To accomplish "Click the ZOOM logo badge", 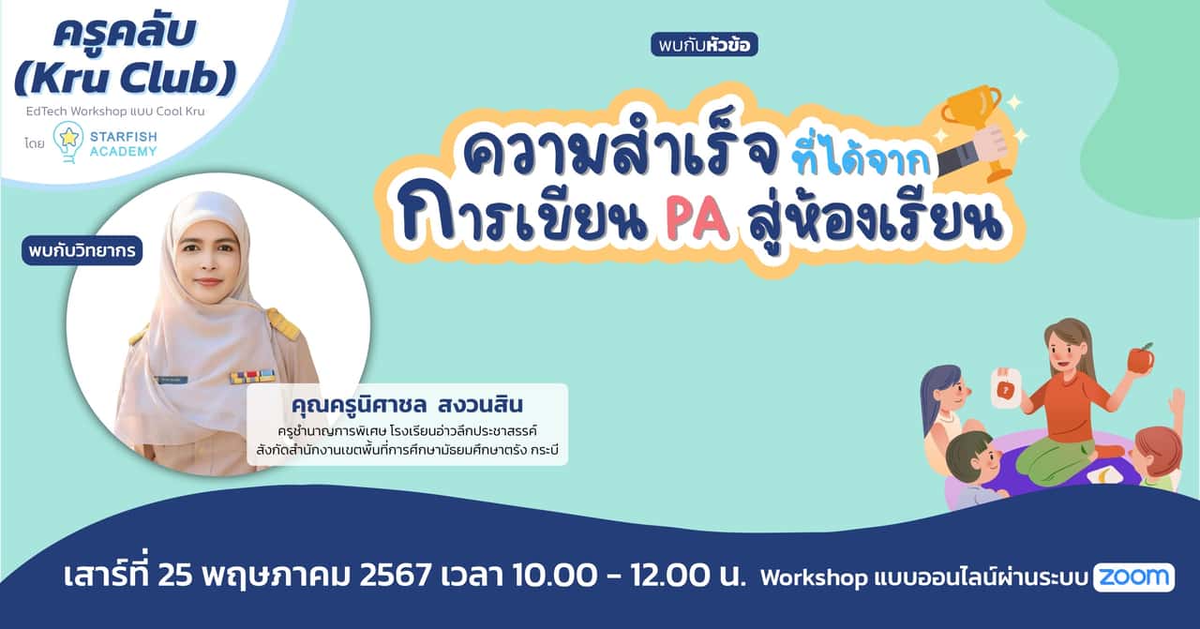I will click(x=1133, y=577).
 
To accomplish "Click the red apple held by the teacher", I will click(x=1139, y=358).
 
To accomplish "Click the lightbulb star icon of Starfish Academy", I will click(x=68, y=139).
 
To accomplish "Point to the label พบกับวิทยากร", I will click(x=82, y=250).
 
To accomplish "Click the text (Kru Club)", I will click(x=125, y=80).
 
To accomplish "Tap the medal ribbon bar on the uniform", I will click(x=253, y=376).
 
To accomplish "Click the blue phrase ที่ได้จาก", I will click(x=860, y=159).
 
